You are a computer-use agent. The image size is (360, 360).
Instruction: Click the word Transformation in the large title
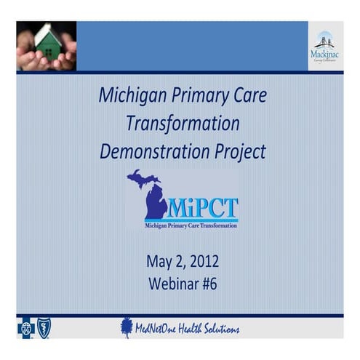click(x=183, y=124)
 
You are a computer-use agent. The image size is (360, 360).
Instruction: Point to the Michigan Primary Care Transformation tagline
click(x=182, y=225)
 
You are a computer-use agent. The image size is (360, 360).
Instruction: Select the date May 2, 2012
click(x=182, y=262)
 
